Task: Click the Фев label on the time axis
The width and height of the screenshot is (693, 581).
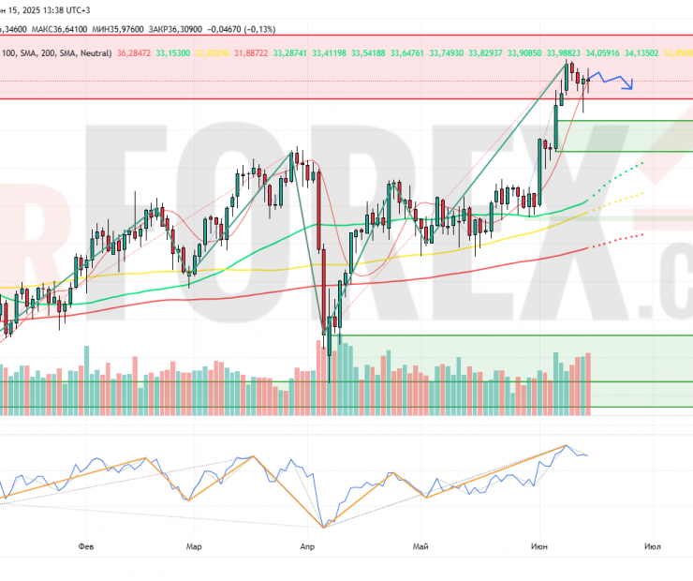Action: click(86, 544)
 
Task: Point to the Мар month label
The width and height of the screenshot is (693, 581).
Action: click(194, 544)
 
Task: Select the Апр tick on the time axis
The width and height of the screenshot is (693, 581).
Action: click(306, 544)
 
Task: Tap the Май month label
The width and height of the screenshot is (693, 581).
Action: click(419, 544)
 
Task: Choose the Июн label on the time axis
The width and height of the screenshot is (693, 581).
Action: click(539, 544)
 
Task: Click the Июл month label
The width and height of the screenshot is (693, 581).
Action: click(653, 544)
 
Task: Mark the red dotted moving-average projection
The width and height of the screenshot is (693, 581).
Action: click(617, 240)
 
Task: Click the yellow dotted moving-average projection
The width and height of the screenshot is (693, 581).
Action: click(619, 200)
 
